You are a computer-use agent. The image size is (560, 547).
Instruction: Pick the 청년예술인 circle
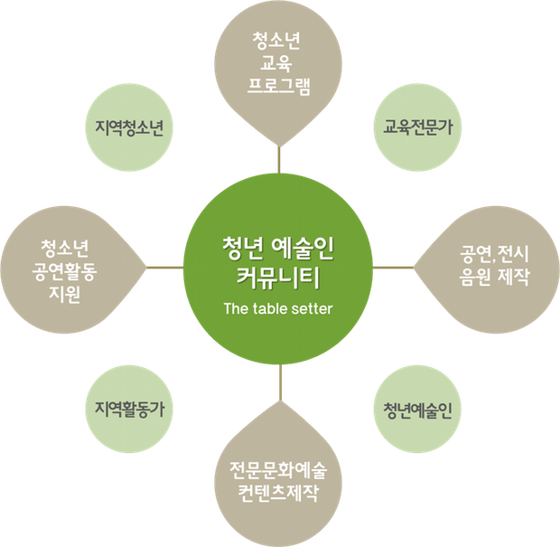417,410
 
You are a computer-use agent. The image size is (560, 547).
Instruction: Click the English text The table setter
278,308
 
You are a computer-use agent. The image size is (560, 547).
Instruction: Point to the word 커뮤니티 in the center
278,274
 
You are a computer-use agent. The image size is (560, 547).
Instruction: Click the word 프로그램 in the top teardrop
279,89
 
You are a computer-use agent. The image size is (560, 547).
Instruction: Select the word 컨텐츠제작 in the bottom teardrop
279,494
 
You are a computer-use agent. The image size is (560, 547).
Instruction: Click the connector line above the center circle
280,160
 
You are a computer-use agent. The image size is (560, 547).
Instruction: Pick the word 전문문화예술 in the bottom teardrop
279,471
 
